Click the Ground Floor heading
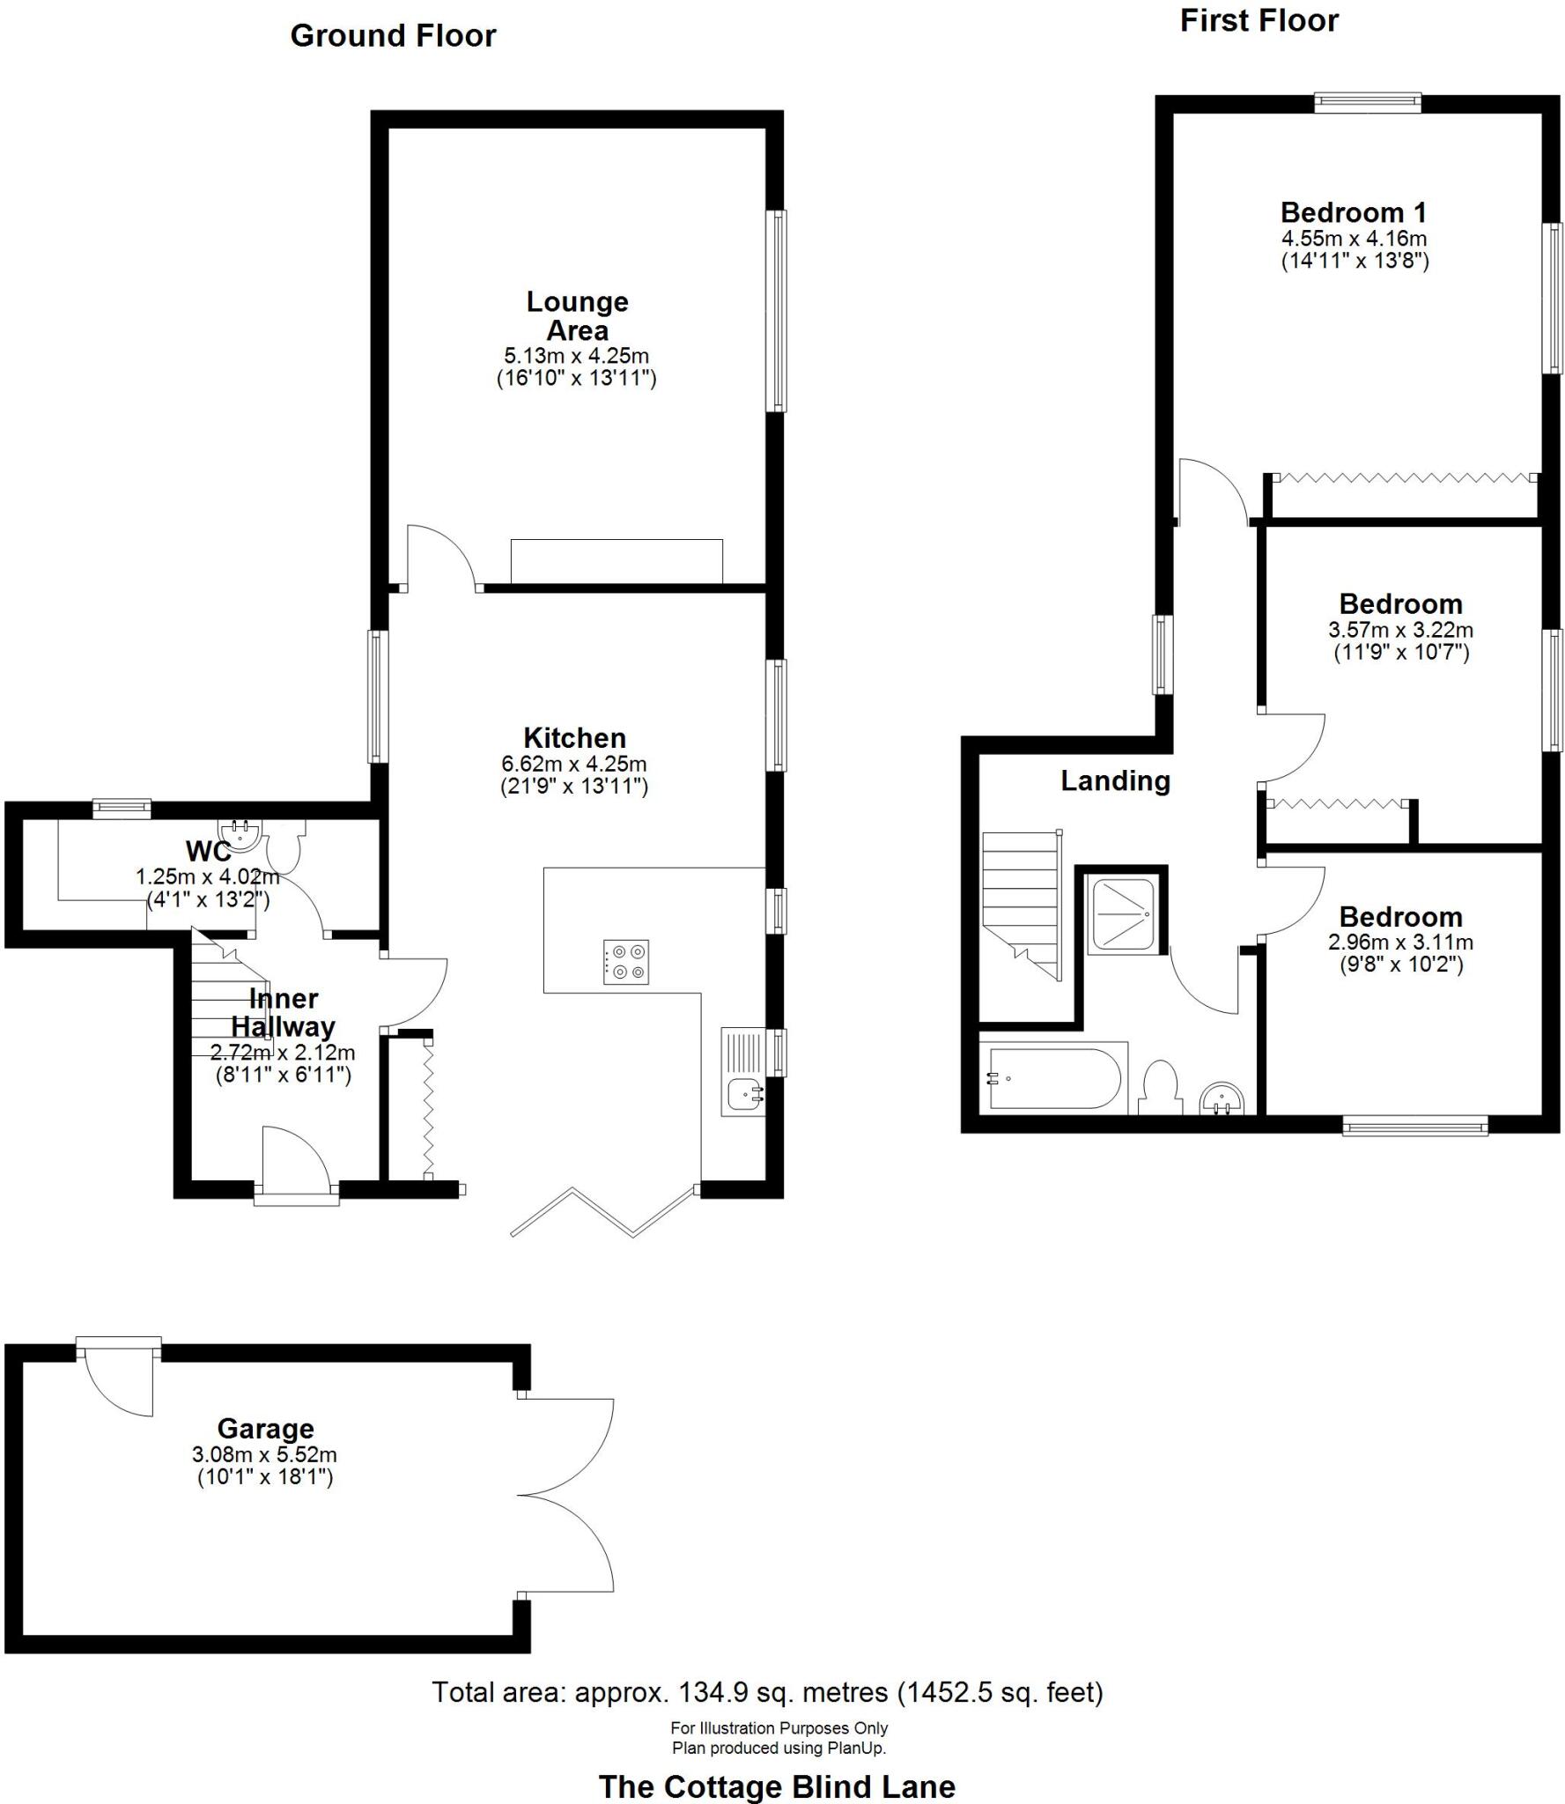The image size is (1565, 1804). (393, 36)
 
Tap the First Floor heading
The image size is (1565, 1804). (1259, 21)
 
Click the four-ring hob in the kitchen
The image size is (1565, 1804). (626, 961)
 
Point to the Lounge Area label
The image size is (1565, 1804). (577, 315)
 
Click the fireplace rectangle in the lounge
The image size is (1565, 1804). (616, 561)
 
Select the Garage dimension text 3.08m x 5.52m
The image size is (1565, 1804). (264, 1455)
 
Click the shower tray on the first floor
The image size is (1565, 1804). (1121, 916)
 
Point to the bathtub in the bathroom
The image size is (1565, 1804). (1054, 1078)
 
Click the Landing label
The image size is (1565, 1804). (1115, 781)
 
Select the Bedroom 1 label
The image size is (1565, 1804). (1353, 212)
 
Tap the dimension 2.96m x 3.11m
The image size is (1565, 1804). (1400, 942)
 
